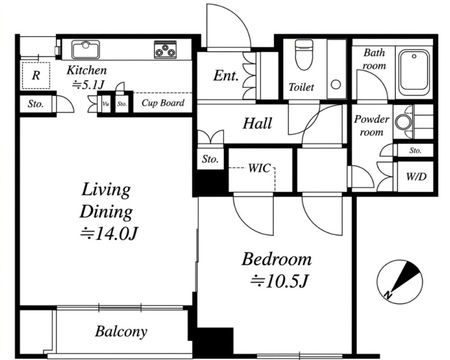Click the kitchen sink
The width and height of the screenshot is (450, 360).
click(86, 50)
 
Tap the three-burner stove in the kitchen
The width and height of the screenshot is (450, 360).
click(165, 50)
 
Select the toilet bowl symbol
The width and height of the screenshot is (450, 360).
click(304, 55)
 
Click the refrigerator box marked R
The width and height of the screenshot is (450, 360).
click(36, 76)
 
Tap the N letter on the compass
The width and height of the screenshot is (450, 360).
click(388, 294)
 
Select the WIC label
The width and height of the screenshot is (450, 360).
click(259, 168)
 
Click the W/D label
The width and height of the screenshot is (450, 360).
click(416, 177)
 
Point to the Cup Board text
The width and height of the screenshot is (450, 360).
click(163, 102)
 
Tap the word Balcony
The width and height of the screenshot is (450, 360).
click(121, 332)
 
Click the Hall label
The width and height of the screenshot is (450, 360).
click(257, 123)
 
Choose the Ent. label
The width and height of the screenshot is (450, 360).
click(226, 76)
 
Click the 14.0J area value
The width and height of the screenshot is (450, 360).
click(109, 234)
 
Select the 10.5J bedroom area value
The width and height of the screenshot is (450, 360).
click(279, 282)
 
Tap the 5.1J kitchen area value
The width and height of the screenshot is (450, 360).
click(88, 85)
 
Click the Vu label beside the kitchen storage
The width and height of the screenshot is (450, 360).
click(106, 104)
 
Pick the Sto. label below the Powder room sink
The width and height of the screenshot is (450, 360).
click(415, 150)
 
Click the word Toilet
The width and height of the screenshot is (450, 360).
click(301, 87)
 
